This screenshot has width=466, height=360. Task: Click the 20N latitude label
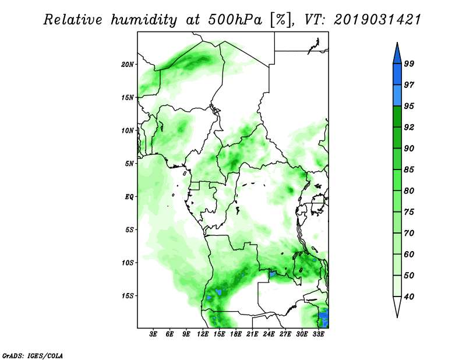point(128,65)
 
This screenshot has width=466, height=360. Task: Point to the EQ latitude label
point(129,197)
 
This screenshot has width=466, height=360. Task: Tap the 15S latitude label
point(128,296)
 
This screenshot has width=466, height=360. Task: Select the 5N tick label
point(129,164)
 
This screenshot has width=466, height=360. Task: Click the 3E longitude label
point(153,334)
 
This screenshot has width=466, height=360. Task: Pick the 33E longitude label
point(318,334)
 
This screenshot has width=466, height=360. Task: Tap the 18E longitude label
point(236,334)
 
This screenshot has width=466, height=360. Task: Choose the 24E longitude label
point(269,334)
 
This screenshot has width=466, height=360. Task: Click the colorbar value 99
point(409,63)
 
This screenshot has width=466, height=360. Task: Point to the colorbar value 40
point(409,297)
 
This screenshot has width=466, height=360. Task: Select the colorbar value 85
point(409,170)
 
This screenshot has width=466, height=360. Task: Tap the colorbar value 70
point(409,233)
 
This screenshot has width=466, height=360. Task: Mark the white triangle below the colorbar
point(397,306)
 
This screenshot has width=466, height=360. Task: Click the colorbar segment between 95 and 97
point(397,96)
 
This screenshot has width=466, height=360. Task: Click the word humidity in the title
point(144,20)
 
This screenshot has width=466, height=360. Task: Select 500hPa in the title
point(235,20)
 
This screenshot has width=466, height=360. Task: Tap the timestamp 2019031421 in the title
point(377,20)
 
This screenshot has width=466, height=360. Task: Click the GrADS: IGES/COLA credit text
point(33,355)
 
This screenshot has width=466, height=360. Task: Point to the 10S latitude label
point(128,263)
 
